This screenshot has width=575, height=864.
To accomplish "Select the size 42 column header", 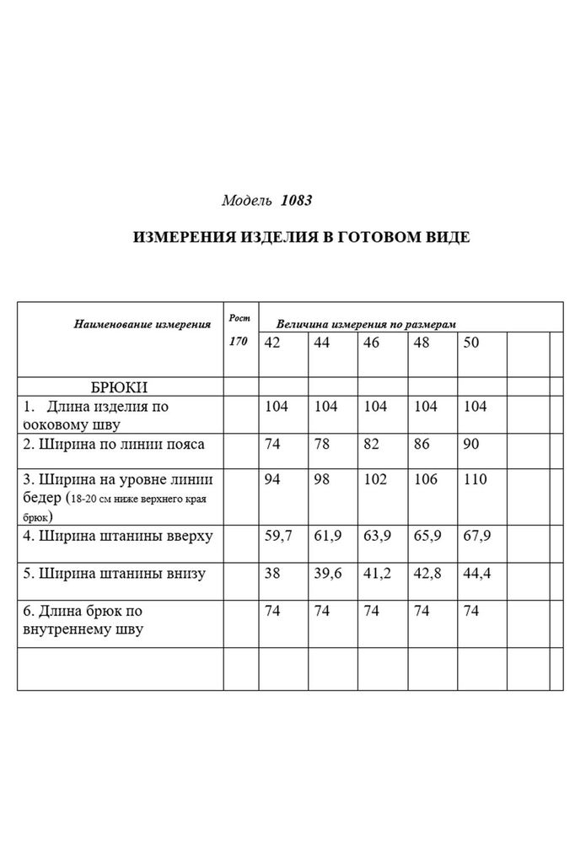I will pyautogui.click(x=272, y=343).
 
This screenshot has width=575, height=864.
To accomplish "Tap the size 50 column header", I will pyautogui.click(x=470, y=343).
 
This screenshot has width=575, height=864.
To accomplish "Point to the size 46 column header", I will pyautogui.click(x=371, y=343).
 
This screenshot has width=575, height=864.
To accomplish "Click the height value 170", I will pyautogui.click(x=239, y=343).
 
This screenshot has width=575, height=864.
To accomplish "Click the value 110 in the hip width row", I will pyautogui.click(x=476, y=480).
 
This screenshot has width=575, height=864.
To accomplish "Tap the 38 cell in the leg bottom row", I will pyautogui.click(x=272, y=573).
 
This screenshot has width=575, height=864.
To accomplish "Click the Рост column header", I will pyautogui.click(x=239, y=317).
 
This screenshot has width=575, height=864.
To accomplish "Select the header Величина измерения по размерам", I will pyautogui.click(x=366, y=323).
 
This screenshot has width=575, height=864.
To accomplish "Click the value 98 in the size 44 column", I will pyautogui.click(x=322, y=480).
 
